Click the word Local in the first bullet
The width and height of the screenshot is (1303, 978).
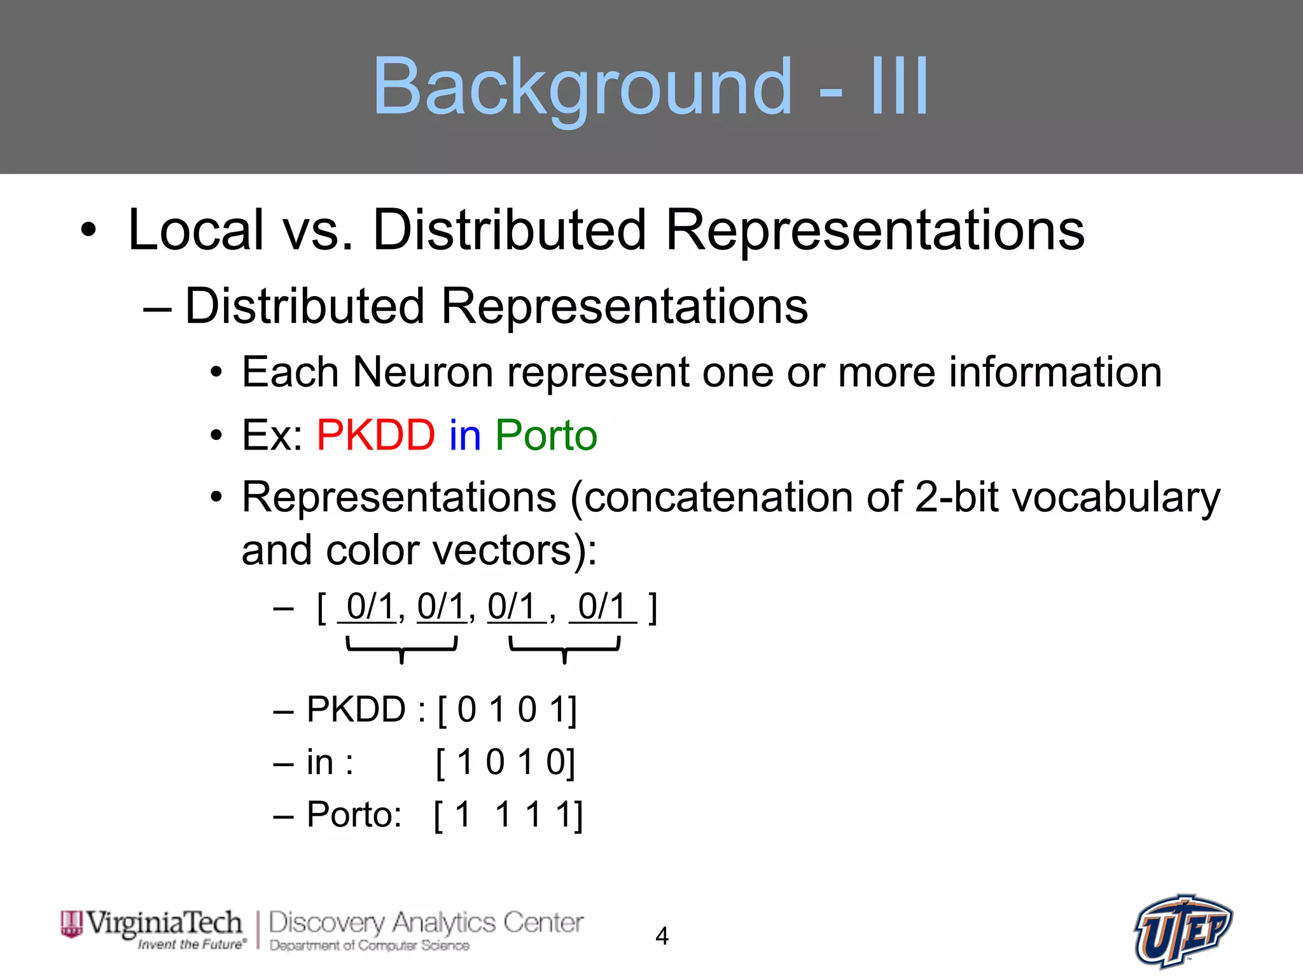pyautogui.click(x=195, y=230)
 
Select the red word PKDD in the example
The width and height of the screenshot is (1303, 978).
pyautogui.click(x=375, y=436)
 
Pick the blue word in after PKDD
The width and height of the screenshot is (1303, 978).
pyautogui.click(x=465, y=436)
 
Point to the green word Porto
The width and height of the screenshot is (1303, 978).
pyautogui.click(x=546, y=436)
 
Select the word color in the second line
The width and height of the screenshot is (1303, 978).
pyautogui.click(x=374, y=550)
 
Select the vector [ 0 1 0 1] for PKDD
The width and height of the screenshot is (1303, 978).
pyautogui.click(x=507, y=709)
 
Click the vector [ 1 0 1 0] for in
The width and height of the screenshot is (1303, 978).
pyautogui.click(x=505, y=762)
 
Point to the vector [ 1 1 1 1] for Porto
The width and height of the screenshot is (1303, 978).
pyautogui.click(x=508, y=814)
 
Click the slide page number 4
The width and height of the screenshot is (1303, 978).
pyautogui.click(x=662, y=936)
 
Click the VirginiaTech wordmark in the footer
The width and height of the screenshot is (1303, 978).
pyautogui.click(x=164, y=923)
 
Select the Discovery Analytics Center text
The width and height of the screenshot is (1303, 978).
pyautogui.click(x=425, y=923)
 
